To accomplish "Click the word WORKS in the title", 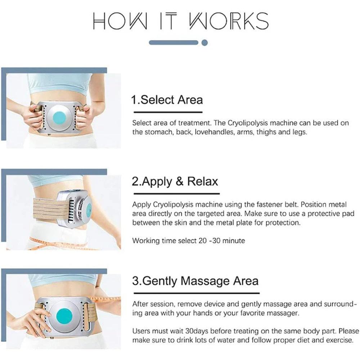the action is (229, 21).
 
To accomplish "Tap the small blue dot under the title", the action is (204, 43).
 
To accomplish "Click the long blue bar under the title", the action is (174, 42).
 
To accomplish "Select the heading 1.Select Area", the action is (167, 100).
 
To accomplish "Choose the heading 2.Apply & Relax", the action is (175, 181).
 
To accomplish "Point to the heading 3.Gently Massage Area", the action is (195, 281).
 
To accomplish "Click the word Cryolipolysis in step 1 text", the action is (248, 123).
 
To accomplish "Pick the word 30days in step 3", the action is (197, 331).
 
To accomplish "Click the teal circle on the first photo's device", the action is (59, 118).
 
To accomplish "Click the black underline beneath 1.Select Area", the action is (168, 112).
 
